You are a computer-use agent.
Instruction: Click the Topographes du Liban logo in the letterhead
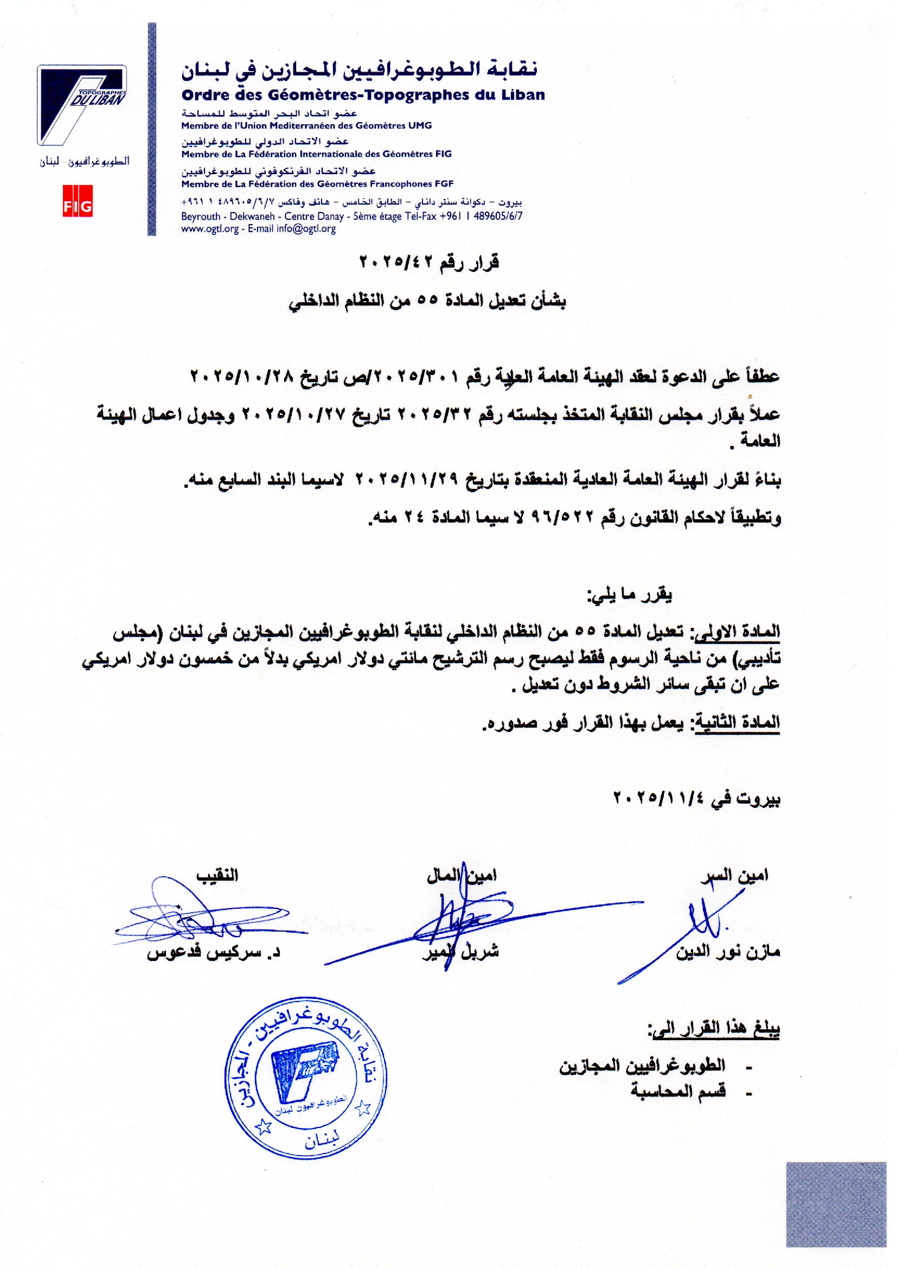[x=82, y=105]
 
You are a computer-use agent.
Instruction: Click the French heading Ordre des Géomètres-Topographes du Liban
[x=363, y=95]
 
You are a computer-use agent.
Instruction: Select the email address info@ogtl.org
[x=306, y=229]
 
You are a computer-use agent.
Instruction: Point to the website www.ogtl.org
[x=210, y=229]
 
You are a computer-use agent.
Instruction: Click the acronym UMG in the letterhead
[x=420, y=125]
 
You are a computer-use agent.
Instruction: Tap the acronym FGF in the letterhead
[x=443, y=184]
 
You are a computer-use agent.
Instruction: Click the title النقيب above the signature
[x=217, y=875]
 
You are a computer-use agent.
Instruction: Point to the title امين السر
[x=734, y=875]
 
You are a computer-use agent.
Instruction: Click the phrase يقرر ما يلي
[x=629, y=596]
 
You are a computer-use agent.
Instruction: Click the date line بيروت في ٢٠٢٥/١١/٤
[x=697, y=799]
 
